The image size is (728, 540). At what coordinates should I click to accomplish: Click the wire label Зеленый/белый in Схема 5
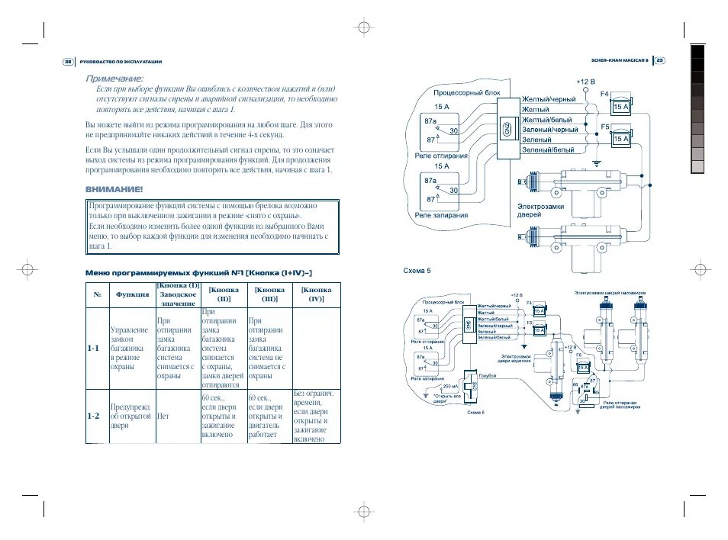(x=547, y=149)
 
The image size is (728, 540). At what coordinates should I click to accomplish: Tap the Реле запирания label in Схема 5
(x=442, y=216)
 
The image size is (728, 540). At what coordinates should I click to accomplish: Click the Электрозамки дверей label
(x=540, y=211)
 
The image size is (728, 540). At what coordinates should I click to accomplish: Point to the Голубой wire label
(x=488, y=375)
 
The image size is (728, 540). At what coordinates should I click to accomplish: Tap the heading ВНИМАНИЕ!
(x=114, y=189)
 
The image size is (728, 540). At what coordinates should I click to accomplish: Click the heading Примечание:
(x=114, y=79)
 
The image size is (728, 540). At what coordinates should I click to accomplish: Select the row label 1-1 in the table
(x=94, y=348)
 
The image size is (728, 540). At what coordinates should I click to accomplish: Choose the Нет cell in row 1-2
(x=163, y=417)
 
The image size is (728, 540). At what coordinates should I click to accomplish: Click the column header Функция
(x=132, y=294)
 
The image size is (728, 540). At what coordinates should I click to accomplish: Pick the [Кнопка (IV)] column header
(x=316, y=294)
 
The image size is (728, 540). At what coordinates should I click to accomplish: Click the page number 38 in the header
(x=67, y=62)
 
